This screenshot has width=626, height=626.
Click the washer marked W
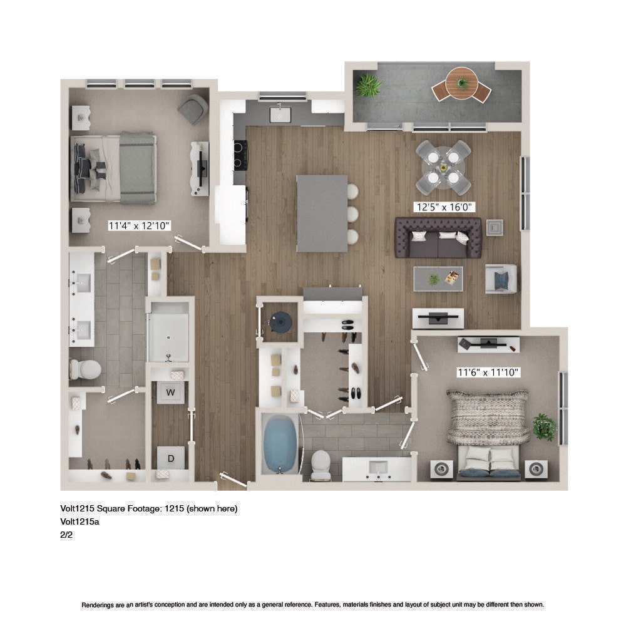[170, 393]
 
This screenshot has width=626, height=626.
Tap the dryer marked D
[171, 458]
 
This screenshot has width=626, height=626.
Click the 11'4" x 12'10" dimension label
[140, 226]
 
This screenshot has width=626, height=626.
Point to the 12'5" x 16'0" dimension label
[444, 207]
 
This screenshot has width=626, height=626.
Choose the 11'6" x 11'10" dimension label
[488, 372]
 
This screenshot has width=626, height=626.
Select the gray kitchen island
[322, 213]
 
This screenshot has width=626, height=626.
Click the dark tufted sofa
[438, 237]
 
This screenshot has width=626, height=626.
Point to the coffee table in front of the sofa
[438, 279]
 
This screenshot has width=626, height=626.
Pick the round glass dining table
[444, 167]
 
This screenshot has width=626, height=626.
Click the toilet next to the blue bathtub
[321, 464]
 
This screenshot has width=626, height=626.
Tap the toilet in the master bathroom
[85, 369]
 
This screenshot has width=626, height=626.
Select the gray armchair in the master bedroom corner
[193, 108]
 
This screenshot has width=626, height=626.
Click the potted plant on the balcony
[368, 85]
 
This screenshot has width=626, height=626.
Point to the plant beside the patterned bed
[545, 427]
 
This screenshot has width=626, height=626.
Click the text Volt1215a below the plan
[80, 521]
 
